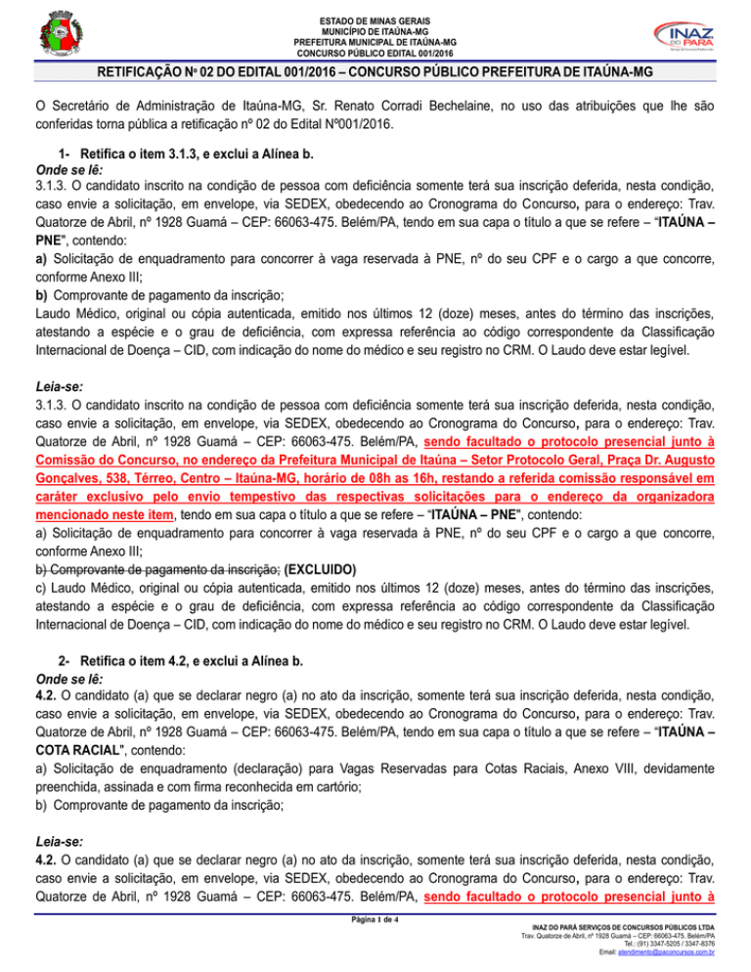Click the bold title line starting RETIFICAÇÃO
pos(375,73)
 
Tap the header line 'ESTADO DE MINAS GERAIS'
pos(375,21)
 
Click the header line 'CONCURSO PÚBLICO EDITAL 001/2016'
pos(375,53)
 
